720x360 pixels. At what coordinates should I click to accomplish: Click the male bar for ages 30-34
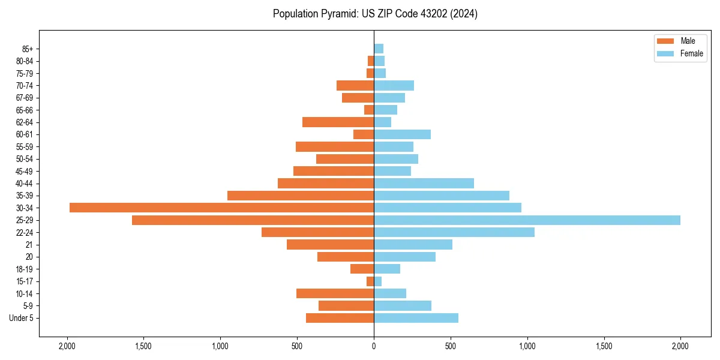click(221, 208)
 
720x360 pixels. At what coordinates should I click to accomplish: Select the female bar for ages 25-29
click(527, 220)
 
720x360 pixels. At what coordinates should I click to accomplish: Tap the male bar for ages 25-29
click(253, 220)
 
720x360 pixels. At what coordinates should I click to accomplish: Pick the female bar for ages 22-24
click(454, 232)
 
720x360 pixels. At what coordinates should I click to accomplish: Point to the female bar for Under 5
click(416, 318)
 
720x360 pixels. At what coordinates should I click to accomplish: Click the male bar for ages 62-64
click(338, 122)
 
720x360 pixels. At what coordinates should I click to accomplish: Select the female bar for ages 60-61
click(402, 134)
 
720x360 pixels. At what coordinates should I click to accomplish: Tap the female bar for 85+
click(379, 49)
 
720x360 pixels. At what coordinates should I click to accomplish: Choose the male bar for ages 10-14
click(335, 293)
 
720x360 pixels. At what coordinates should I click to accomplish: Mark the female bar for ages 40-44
click(424, 184)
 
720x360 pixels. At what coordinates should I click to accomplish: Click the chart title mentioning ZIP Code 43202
click(375, 14)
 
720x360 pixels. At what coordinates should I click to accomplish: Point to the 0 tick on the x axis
click(374, 346)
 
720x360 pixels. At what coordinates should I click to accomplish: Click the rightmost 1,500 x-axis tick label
click(604, 346)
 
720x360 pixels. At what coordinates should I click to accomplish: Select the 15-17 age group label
click(24, 281)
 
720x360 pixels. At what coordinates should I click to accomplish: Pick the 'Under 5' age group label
click(21, 318)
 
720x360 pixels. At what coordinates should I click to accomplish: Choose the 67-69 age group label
click(24, 98)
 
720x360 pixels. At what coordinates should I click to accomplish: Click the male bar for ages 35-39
click(301, 196)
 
